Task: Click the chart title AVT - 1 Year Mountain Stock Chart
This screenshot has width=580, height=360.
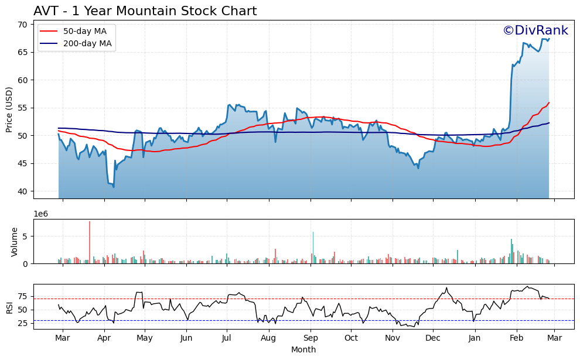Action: click(x=145, y=11)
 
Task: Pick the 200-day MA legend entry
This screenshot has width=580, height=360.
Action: click(x=77, y=43)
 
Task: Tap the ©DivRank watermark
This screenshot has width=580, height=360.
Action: click(x=535, y=30)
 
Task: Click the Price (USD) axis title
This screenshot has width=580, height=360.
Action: click(x=9, y=109)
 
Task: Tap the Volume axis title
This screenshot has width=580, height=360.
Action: click(x=15, y=242)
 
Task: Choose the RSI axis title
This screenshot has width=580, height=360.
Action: click(x=9, y=307)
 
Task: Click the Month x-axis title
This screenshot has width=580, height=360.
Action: click(x=303, y=349)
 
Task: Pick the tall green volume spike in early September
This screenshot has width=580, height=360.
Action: click(x=313, y=248)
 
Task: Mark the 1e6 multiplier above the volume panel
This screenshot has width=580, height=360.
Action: click(x=41, y=214)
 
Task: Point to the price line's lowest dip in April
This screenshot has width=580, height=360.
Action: click(x=113, y=187)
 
